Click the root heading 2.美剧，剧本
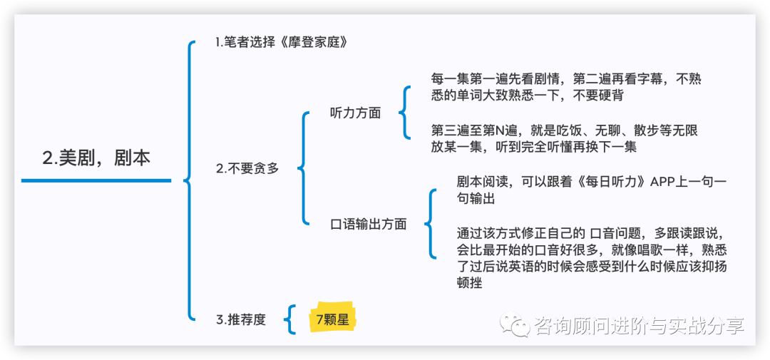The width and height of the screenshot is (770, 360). (x=96, y=158)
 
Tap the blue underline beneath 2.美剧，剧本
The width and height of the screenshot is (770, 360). (x=96, y=180)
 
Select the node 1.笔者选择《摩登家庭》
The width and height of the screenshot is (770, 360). (x=282, y=42)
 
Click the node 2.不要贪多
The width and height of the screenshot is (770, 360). (x=247, y=169)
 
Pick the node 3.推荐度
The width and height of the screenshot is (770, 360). (x=240, y=319)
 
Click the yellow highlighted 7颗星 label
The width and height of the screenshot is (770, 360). (x=332, y=319)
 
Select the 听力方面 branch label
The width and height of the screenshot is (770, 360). (x=355, y=113)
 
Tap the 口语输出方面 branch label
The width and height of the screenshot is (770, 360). (x=369, y=224)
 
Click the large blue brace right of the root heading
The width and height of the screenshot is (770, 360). (x=190, y=180)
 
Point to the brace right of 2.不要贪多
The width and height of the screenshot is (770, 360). (x=303, y=169)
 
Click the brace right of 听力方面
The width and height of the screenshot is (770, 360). (x=404, y=113)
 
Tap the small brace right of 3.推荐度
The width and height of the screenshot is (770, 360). (x=289, y=319)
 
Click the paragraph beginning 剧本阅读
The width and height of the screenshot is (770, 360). (x=591, y=190)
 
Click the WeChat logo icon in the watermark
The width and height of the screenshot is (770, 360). (x=515, y=326)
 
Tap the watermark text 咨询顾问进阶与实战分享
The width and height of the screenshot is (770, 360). (x=639, y=326)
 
